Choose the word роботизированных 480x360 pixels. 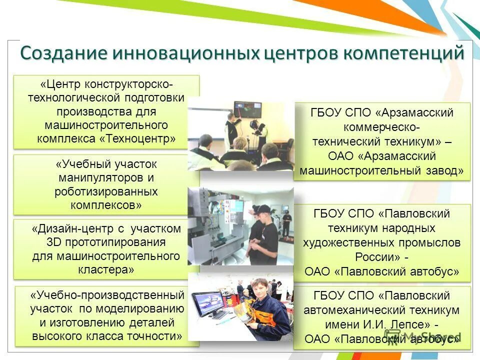pyautogui.click(x=106, y=191)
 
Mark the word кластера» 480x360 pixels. pyautogui.click(x=106, y=269)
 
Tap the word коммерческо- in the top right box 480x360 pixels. pyautogui.click(x=381, y=127)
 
